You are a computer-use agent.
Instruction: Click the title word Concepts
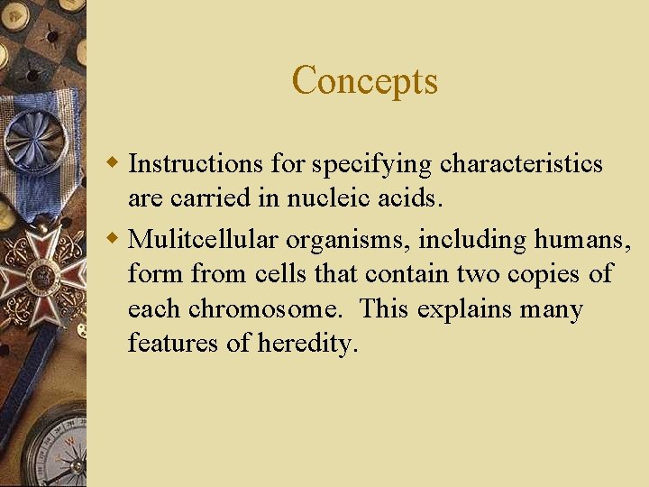click(x=365, y=80)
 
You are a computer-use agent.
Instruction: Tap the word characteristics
click(x=522, y=164)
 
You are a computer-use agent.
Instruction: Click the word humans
click(x=585, y=240)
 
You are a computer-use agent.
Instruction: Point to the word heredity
click(x=308, y=345)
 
